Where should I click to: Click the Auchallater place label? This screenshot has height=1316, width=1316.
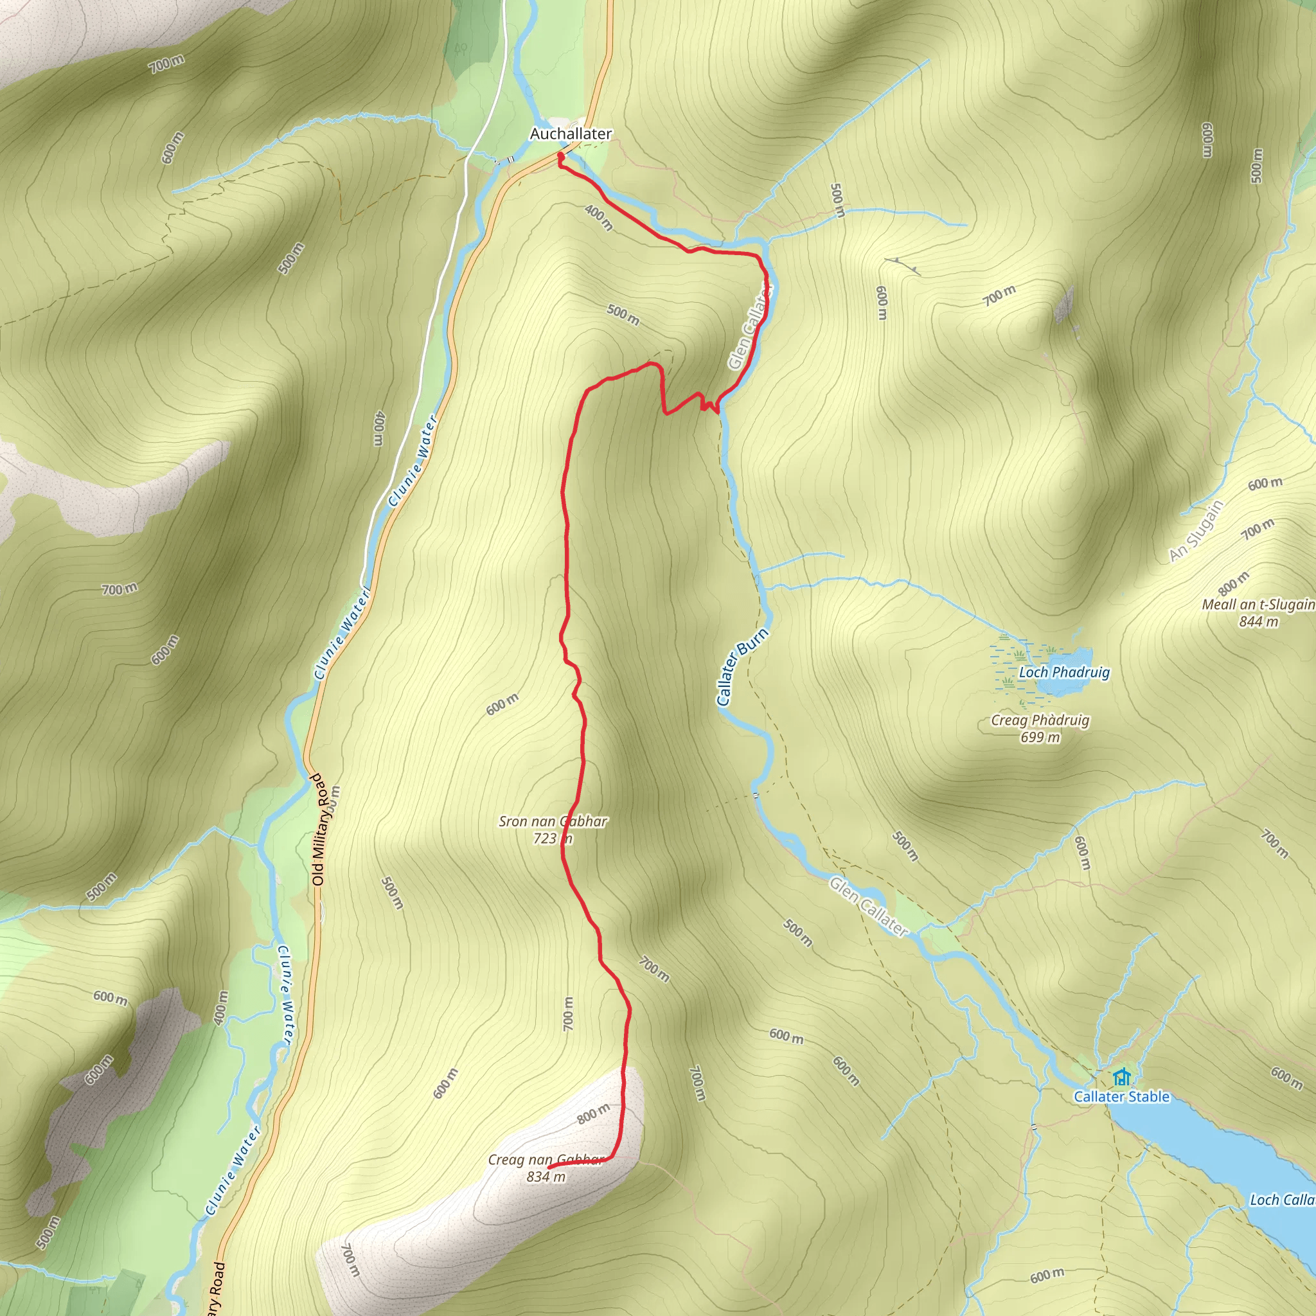[571, 134]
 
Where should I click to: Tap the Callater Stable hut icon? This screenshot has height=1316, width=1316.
[1121, 1077]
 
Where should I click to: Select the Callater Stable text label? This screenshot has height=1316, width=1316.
[1121, 1097]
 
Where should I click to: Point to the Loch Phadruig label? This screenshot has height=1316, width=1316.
[1064, 672]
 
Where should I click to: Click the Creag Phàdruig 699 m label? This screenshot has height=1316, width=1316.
[1040, 728]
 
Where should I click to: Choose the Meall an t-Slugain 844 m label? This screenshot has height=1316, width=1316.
[1258, 612]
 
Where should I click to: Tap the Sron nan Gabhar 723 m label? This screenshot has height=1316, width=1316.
[553, 830]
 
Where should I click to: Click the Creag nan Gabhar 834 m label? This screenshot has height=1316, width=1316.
[546, 1168]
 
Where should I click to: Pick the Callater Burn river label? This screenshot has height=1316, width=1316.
[742, 667]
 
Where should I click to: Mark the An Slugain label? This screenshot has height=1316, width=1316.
[1196, 531]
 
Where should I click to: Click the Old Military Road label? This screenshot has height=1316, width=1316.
[319, 829]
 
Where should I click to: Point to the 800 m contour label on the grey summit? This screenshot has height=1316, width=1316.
[592, 1114]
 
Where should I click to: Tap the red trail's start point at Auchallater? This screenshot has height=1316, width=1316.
[560, 156]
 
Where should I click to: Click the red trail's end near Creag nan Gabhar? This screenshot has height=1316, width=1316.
[549, 1168]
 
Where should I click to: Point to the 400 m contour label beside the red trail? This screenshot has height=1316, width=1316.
[599, 217]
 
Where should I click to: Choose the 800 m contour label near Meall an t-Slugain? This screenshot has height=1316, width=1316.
[1234, 583]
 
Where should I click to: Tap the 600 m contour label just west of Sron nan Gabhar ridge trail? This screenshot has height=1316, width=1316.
[502, 704]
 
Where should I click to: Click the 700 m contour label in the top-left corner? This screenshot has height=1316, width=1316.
[166, 64]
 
